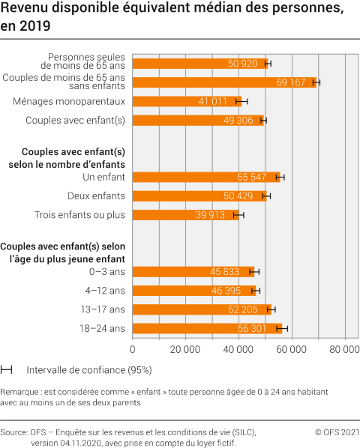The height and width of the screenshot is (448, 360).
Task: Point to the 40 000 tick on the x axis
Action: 238,348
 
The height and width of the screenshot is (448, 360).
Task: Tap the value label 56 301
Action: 259,328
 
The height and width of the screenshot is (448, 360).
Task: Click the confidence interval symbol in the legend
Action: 7,369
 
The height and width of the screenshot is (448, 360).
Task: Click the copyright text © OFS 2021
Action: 337,432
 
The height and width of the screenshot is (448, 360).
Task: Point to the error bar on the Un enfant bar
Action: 280,178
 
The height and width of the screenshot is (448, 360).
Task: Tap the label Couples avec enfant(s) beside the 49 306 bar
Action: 75,120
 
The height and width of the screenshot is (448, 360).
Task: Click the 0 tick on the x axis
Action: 133,348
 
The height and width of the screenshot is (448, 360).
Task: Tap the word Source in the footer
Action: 14,432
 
